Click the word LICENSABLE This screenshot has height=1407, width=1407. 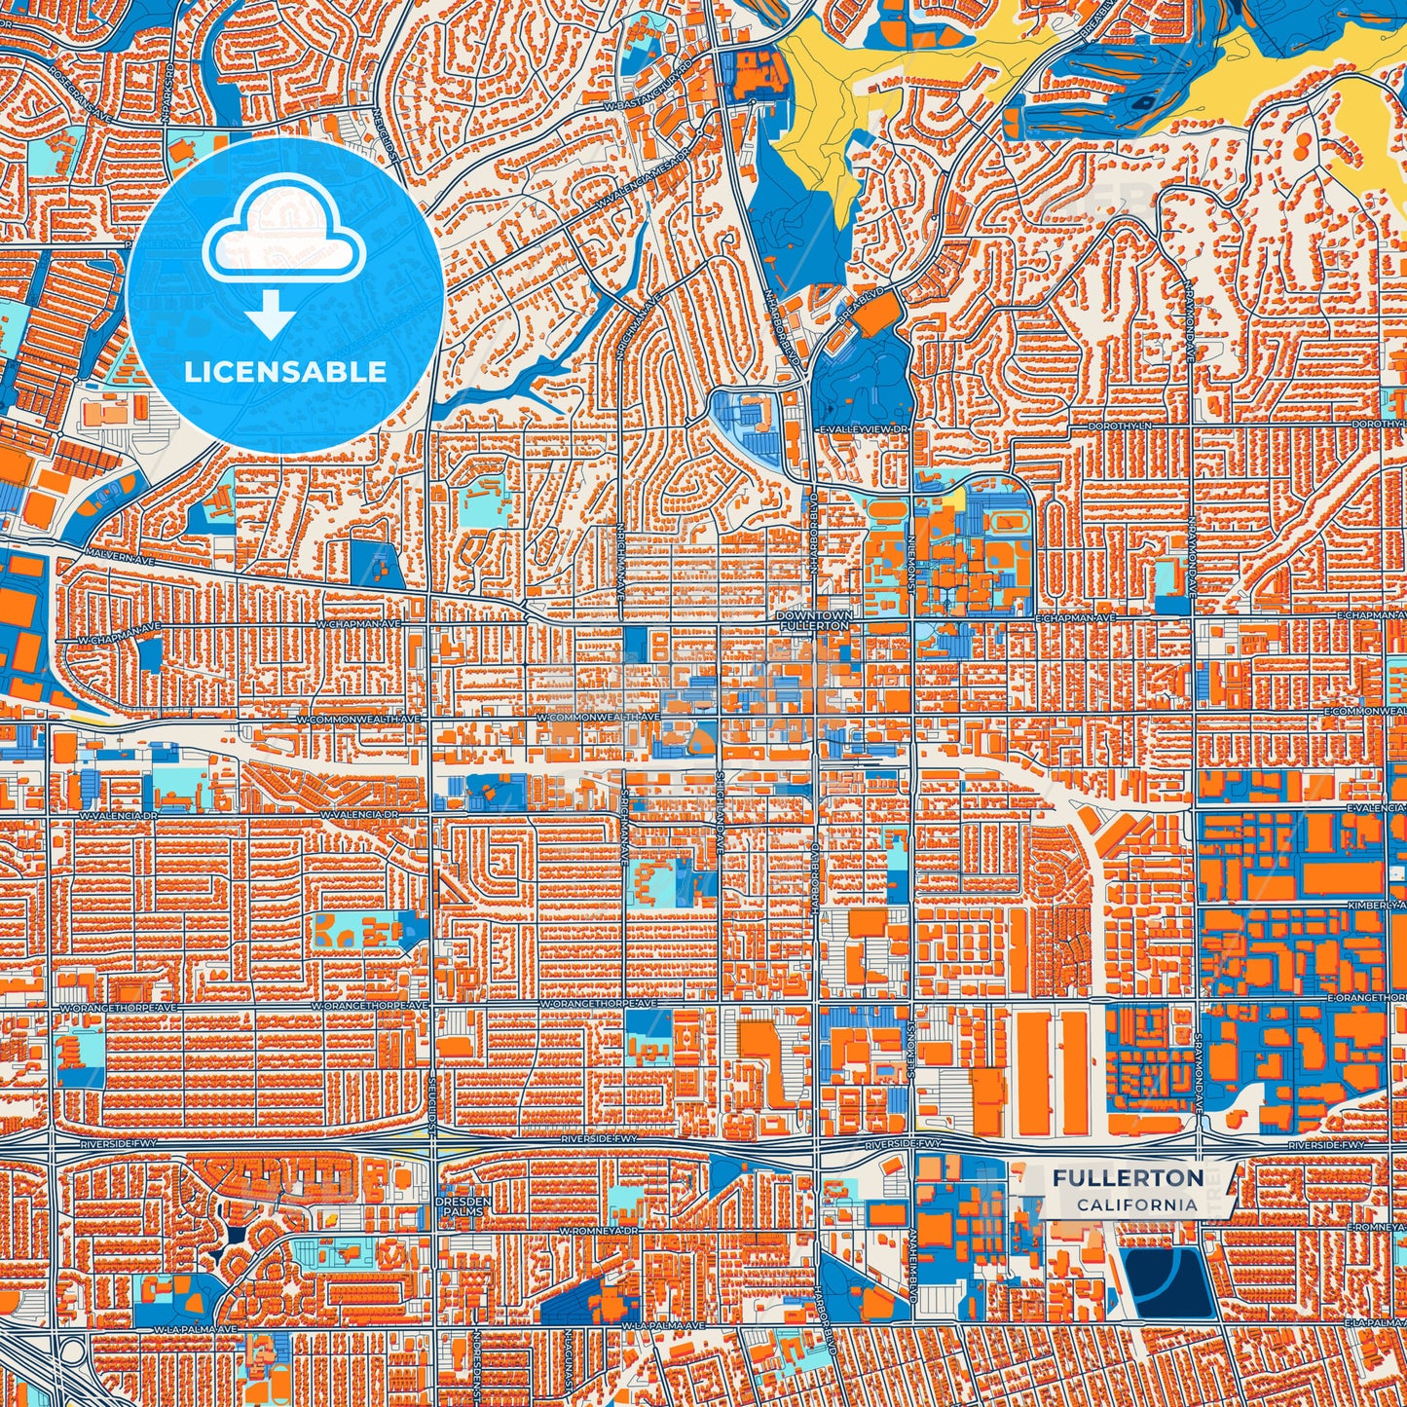pos(285,372)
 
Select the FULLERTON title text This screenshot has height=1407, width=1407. pos(1128,1178)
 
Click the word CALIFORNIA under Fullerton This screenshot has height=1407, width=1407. pos(1136,1204)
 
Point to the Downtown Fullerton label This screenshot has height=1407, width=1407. pos(814,620)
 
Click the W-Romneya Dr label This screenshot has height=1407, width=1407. pos(598,1231)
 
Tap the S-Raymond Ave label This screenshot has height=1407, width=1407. pos(1200,1069)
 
